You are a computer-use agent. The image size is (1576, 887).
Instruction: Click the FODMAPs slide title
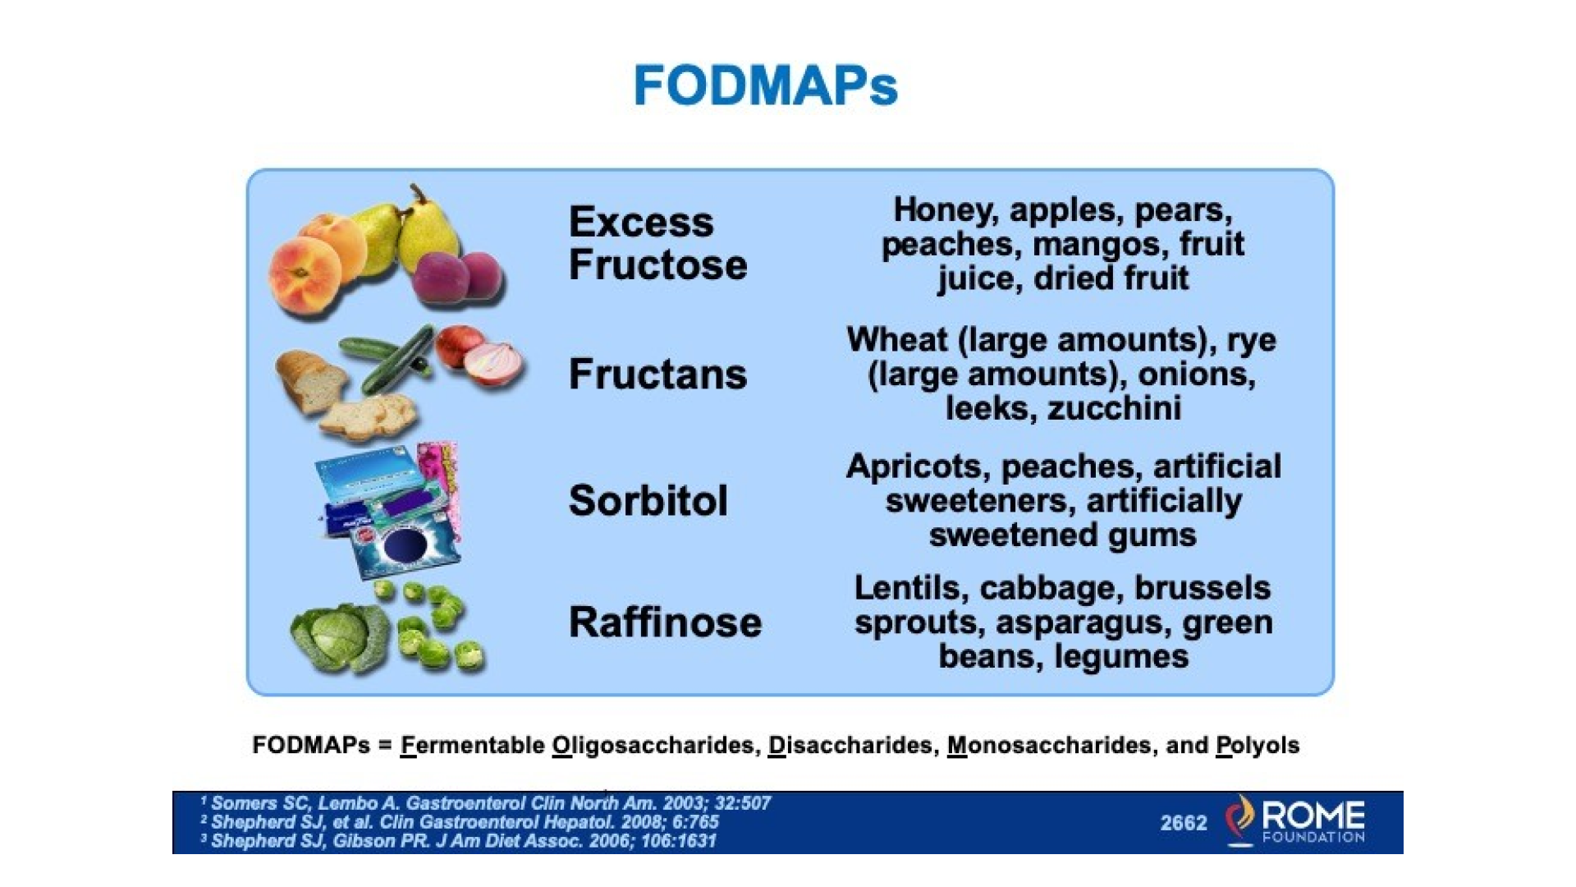(765, 85)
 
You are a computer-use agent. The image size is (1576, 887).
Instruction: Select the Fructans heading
(657, 374)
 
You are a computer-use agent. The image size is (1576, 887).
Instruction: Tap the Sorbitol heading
(648, 500)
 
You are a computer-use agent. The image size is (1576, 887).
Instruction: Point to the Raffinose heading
(665, 622)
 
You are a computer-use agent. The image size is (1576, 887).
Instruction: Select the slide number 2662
(1184, 823)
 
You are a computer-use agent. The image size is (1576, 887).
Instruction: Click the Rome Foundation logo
(1294, 820)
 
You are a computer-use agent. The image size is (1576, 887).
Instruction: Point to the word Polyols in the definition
(1258, 746)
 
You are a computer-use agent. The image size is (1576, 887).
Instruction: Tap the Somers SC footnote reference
(485, 802)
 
